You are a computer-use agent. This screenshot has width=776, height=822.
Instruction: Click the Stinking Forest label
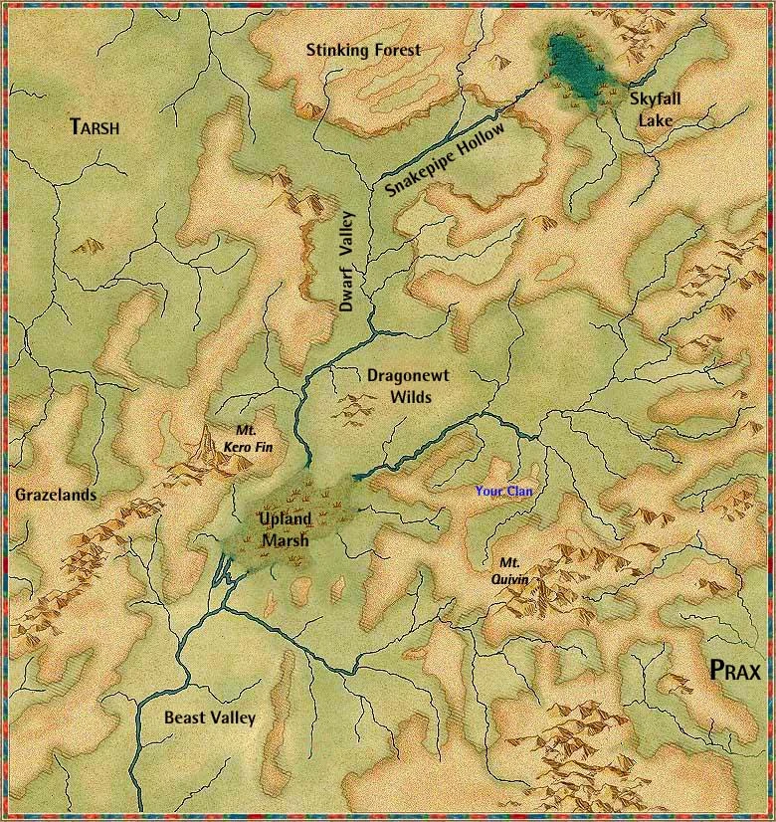pos(363,50)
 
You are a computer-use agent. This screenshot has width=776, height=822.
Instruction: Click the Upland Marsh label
pos(286,529)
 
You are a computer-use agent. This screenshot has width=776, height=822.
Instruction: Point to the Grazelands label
pos(56,495)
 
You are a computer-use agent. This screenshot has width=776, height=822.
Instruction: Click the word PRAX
pos(735,671)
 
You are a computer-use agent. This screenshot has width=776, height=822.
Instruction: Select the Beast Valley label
pos(210,718)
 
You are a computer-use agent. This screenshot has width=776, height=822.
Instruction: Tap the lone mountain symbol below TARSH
pos(93,245)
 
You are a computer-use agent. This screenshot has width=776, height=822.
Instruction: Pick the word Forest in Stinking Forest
pos(393,50)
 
